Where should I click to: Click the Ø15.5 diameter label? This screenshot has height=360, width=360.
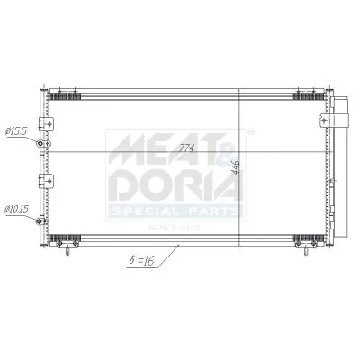point(16,130)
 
